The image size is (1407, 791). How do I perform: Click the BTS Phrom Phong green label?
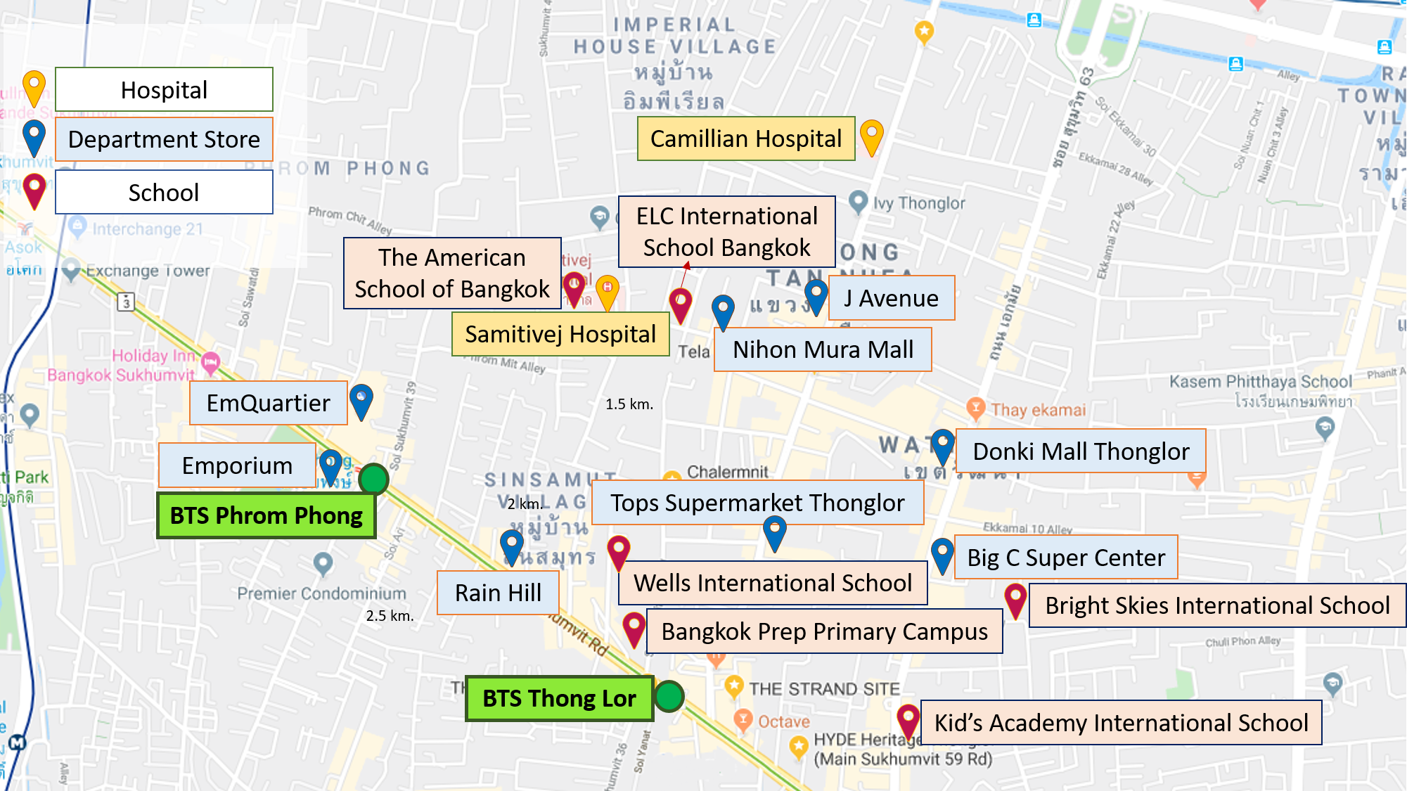tap(266, 515)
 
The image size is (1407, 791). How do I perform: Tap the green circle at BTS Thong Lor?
tap(669, 696)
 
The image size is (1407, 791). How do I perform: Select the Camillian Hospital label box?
tap(745, 139)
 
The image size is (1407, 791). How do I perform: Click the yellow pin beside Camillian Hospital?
tap(871, 136)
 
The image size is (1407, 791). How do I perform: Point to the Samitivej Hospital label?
tap(560, 334)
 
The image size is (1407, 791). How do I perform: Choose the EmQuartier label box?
tap(268, 403)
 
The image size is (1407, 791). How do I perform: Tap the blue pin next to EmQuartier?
tap(361, 401)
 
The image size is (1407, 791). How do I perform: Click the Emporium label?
tap(237, 465)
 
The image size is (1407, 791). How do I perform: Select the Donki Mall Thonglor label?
tap(1081, 451)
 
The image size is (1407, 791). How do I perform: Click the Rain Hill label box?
tap(498, 593)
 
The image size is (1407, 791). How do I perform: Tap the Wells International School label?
tap(772, 583)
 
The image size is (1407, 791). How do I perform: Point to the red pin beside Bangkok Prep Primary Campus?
tap(634, 628)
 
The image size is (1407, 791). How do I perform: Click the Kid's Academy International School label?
tap(1121, 723)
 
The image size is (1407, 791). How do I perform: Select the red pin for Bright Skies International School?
tap(1015, 599)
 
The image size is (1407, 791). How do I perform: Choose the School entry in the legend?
tap(164, 193)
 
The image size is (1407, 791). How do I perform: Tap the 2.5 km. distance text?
tap(390, 616)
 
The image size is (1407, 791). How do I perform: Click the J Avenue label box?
tap(891, 298)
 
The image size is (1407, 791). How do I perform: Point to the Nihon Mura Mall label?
tap(823, 349)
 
